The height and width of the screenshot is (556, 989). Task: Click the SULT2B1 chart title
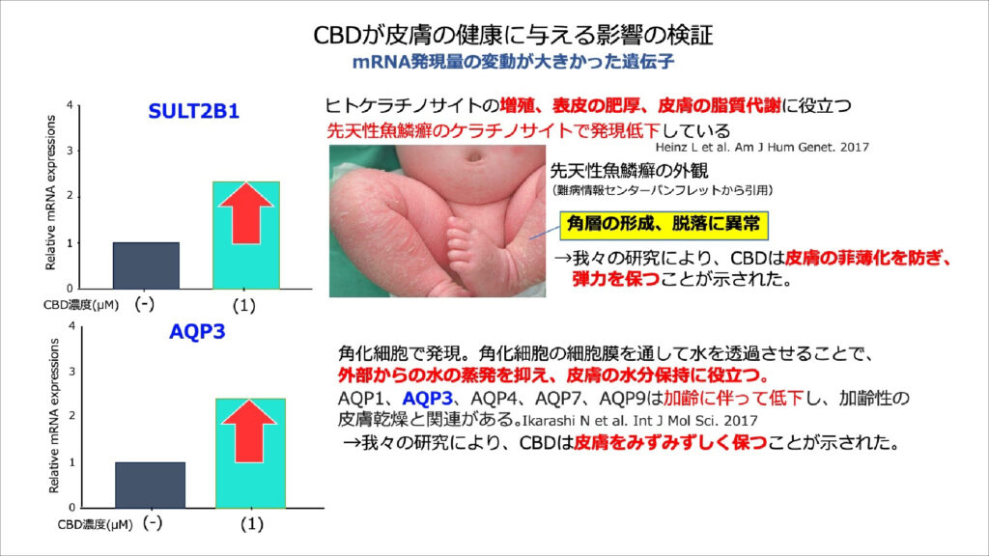coord(193,112)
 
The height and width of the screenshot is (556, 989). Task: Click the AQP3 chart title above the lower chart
coord(197,332)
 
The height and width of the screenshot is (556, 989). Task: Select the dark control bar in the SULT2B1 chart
coord(146,265)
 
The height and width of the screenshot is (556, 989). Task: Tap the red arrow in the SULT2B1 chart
coord(246,213)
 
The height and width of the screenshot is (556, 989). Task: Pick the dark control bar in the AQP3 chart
coord(150,485)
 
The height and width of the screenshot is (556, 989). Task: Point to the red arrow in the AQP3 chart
coord(249,431)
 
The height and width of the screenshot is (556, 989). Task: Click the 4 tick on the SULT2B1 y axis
coord(70,105)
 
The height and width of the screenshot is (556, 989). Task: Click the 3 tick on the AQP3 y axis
coord(71,372)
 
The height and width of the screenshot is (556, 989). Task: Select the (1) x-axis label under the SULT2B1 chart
coord(244,306)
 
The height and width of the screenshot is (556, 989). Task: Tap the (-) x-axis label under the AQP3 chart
coord(153,522)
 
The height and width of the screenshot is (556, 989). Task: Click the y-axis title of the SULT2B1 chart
coord(50,192)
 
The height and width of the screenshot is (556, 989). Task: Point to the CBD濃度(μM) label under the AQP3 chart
coord(95,524)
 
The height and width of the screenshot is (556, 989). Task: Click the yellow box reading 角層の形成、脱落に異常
coord(664,225)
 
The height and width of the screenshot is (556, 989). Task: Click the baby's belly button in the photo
coord(473,154)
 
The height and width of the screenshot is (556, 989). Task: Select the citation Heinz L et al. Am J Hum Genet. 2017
coord(762,147)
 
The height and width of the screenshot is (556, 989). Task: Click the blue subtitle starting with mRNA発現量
coord(513,62)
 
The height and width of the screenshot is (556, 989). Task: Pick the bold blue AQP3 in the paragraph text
coord(427,399)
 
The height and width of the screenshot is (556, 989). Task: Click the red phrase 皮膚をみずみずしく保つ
coord(670,442)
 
